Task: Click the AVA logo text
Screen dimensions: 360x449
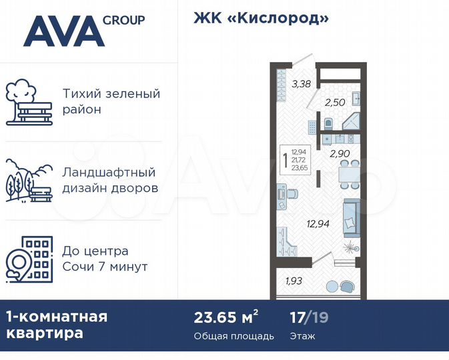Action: (63, 31)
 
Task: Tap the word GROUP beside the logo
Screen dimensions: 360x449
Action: (124, 20)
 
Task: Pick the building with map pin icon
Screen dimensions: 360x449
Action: (28, 259)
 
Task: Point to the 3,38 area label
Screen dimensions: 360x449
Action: (301, 84)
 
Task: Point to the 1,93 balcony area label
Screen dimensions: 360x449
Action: (295, 281)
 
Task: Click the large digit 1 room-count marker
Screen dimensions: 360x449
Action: (286, 160)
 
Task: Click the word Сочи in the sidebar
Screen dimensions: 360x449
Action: (79, 267)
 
